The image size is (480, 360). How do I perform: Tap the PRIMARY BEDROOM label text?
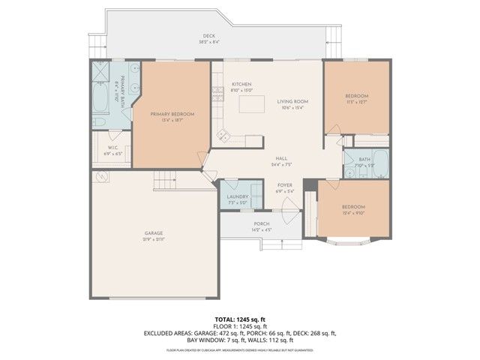pyautogui.click(x=172, y=114)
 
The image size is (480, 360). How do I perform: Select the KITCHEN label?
pyautogui.click(x=241, y=84)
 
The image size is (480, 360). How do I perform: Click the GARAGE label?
pyautogui.click(x=154, y=233)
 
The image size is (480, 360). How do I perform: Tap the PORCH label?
pyautogui.click(x=261, y=223)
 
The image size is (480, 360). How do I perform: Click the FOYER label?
pyautogui.click(x=285, y=184)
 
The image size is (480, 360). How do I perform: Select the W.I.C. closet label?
pyautogui.click(x=113, y=148)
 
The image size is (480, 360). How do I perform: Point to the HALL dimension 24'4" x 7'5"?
pyautogui.click(x=281, y=164)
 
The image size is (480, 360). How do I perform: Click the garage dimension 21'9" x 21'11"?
pyautogui.click(x=154, y=239)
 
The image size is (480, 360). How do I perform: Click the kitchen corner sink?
pyautogui.click(x=223, y=136)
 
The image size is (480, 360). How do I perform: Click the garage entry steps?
pyautogui.click(x=164, y=180)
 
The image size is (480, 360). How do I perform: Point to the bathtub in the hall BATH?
pyautogui.click(x=379, y=163)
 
